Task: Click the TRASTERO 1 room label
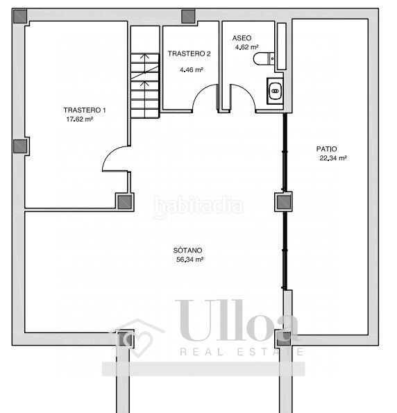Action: [85, 110]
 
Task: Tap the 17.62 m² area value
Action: [80, 119]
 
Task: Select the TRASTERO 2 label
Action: [189, 53]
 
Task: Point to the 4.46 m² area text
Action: [192, 70]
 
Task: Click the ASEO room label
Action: [242, 38]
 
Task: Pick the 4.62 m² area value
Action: [247, 47]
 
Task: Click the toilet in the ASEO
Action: [264, 59]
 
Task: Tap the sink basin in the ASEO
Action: [276, 91]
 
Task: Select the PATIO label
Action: [327, 149]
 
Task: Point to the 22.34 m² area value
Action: [333, 158]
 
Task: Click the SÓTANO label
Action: [187, 250]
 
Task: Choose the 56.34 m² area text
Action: [189, 260]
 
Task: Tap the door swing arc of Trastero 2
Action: [201, 90]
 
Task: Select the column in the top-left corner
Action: [20, 17]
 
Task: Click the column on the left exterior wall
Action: [20, 146]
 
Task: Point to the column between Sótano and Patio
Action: [283, 202]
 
